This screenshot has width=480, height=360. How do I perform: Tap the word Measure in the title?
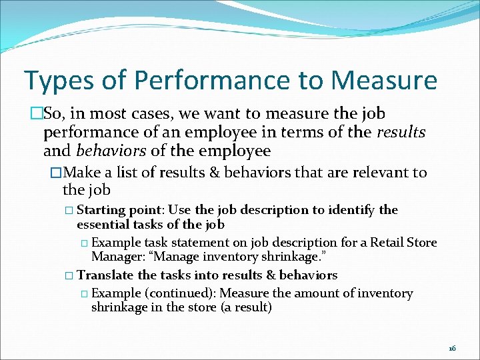pos(384,81)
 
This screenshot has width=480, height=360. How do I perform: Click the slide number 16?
pos(452,348)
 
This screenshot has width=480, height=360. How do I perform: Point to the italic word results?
pos(401,132)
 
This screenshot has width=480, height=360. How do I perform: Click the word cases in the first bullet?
pos(141,114)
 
